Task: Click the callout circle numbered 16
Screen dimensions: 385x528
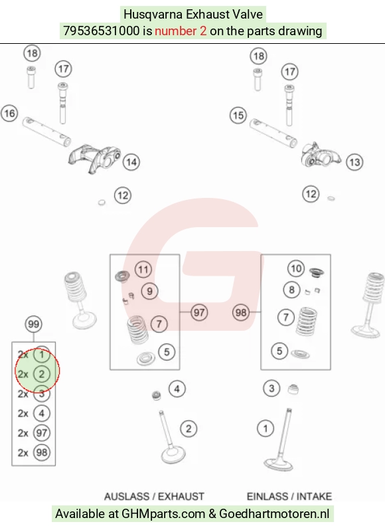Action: pyautogui.click(x=9, y=113)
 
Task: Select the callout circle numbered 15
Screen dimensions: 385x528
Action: pyautogui.click(x=238, y=115)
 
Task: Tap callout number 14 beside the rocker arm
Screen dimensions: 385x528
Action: pyautogui.click(x=131, y=162)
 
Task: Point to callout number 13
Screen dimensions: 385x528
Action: pyautogui.click(x=354, y=162)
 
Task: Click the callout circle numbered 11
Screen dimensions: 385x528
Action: pyautogui.click(x=143, y=270)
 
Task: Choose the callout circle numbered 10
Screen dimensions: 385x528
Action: pyautogui.click(x=296, y=268)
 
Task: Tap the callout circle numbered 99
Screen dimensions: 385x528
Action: pyautogui.click(x=34, y=324)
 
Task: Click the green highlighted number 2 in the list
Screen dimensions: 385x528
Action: pyautogui.click(x=42, y=374)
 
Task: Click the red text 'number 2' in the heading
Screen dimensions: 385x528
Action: pyautogui.click(x=181, y=31)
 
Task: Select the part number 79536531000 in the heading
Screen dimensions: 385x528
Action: pyautogui.click(x=102, y=31)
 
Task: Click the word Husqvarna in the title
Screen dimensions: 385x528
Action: pyautogui.click(x=153, y=15)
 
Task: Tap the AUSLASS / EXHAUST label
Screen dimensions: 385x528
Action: pyautogui.click(x=154, y=496)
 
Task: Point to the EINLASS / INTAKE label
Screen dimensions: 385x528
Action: pyautogui.click(x=289, y=496)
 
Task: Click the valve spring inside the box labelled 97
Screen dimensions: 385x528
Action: pyautogui.click(x=137, y=329)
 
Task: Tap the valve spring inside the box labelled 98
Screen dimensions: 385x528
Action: pyautogui.click(x=306, y=321)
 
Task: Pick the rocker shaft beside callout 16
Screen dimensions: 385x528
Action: pyautogui.click(x=46, y=132)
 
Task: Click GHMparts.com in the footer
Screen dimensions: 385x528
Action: pyautogui.click(x=163, y=514)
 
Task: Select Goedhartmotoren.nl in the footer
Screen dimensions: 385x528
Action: pyautogui.click(x=274, y=514)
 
